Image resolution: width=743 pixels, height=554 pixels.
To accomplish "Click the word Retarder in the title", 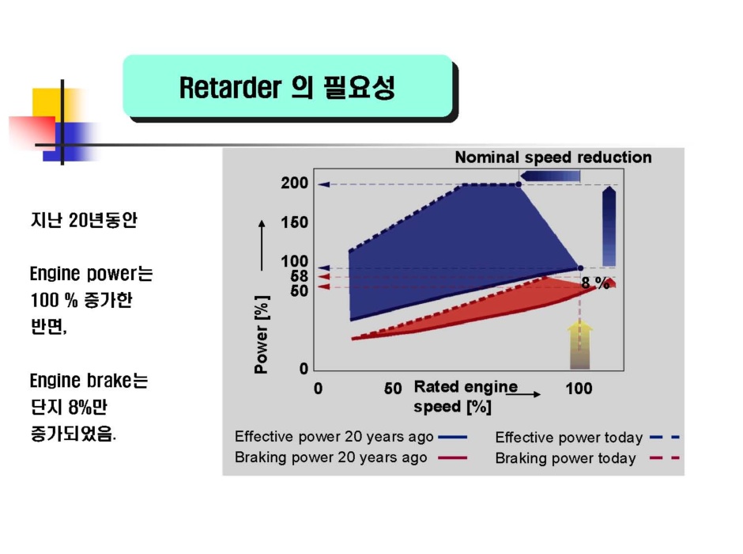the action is [x=230, y=88].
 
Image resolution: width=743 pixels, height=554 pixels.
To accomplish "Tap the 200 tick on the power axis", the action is [x=294, y=183].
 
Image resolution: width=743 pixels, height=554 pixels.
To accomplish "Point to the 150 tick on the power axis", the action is [x=294, y=222].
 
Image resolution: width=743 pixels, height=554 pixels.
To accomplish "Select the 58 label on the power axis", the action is [x=299, y=276].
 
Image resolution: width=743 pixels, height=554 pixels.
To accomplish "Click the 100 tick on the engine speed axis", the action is [x=579, y=389].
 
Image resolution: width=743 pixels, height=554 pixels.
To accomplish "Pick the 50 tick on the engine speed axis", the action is [x=393, y=389].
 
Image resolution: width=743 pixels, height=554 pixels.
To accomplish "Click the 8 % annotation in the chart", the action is [x=595, y=283].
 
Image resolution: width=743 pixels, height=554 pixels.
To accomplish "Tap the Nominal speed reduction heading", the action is [x=553, y=157].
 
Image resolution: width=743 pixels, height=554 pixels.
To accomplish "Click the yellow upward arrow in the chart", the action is [x=580, y=344].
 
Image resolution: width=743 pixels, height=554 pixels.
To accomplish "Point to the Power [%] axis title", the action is [x=262, y=335].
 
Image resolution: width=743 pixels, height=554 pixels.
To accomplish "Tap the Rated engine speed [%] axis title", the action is [x=466, y=397].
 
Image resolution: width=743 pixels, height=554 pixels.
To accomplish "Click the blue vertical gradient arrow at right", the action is [x=609, y=226].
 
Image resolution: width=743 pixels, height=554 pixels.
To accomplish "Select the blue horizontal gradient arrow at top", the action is [x=550, y=176].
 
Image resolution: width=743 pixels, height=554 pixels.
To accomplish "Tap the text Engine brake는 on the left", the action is [x=89, y=381].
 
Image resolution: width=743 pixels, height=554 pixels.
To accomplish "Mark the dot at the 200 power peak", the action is [x=519, y=184].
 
